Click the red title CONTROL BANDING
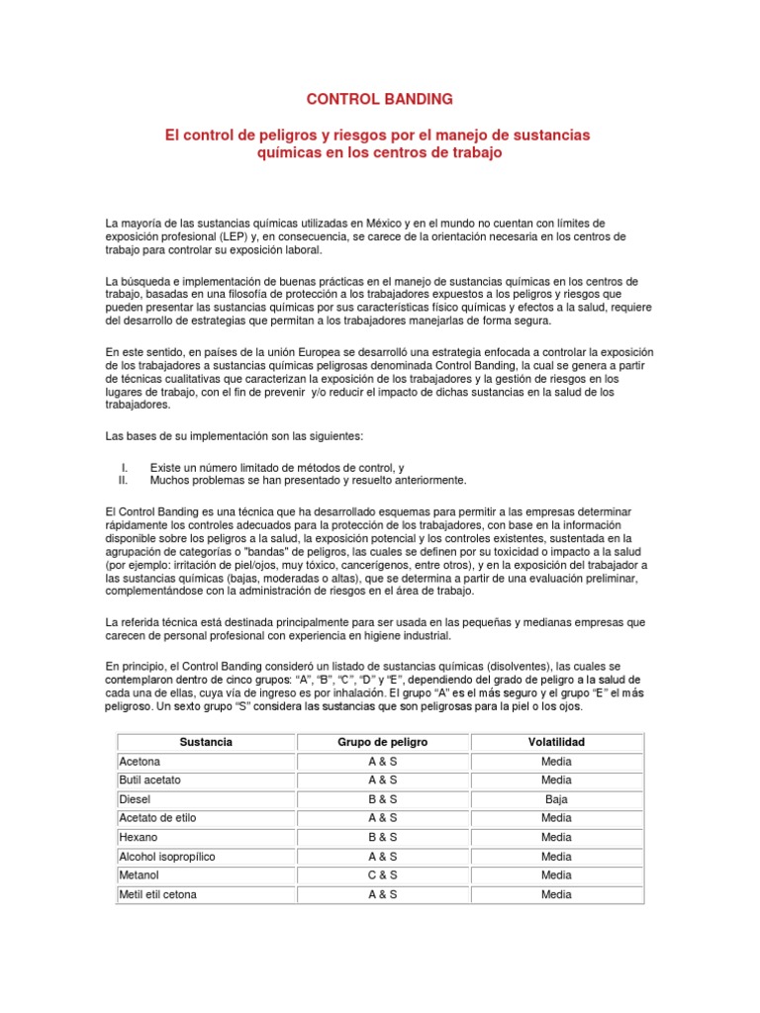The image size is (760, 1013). click(x=380, y=99)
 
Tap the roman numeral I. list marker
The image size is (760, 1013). click(x=124, y=466)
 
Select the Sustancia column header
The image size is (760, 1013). click(x=206, y=742)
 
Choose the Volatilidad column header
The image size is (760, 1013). click(x=556, y=742)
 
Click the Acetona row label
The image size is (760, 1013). click(x=139, y=762)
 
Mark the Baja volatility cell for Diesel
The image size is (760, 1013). click(x=556, y=799)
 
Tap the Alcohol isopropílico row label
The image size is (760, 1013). click(x=166, y=857)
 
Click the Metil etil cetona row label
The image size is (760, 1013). click(x=157, y=894)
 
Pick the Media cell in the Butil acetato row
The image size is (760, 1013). click(x=556, y=781)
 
